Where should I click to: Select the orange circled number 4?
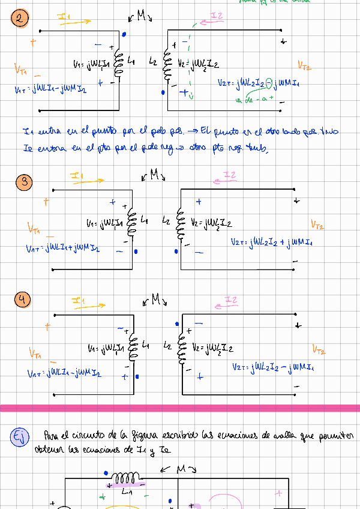23,301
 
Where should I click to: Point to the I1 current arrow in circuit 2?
77,20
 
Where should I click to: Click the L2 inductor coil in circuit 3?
178,224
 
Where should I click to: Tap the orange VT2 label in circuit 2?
304,65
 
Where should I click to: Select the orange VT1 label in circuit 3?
34,228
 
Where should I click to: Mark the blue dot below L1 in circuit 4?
137,376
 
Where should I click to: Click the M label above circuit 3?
154,175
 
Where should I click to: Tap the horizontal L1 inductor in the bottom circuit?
126,479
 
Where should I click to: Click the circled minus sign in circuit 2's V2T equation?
269,83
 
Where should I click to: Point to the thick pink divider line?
180,408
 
